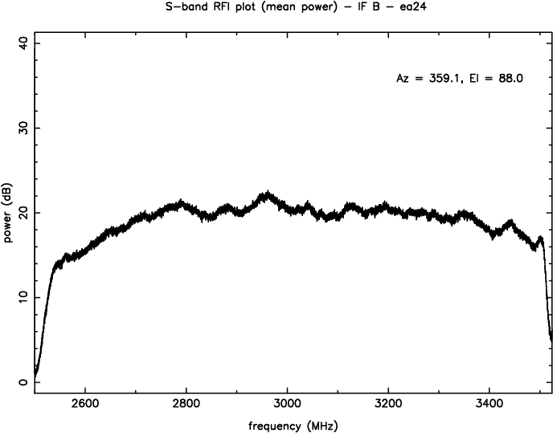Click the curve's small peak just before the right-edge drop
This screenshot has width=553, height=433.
(540, 238)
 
